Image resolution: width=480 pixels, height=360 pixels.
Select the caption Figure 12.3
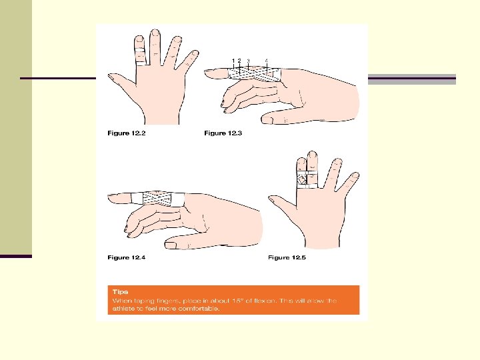(223, 133)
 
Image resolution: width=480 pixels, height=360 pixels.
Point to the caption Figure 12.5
(288, 257)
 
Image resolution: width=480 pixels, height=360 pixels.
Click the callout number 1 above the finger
(233, 61)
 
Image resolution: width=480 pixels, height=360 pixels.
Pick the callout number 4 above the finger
(266, 61)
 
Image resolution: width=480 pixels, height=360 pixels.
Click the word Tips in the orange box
(119, 292)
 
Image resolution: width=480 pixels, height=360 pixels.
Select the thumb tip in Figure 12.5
(272, 199)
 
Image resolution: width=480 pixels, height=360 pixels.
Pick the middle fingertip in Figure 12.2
(156, 34)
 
